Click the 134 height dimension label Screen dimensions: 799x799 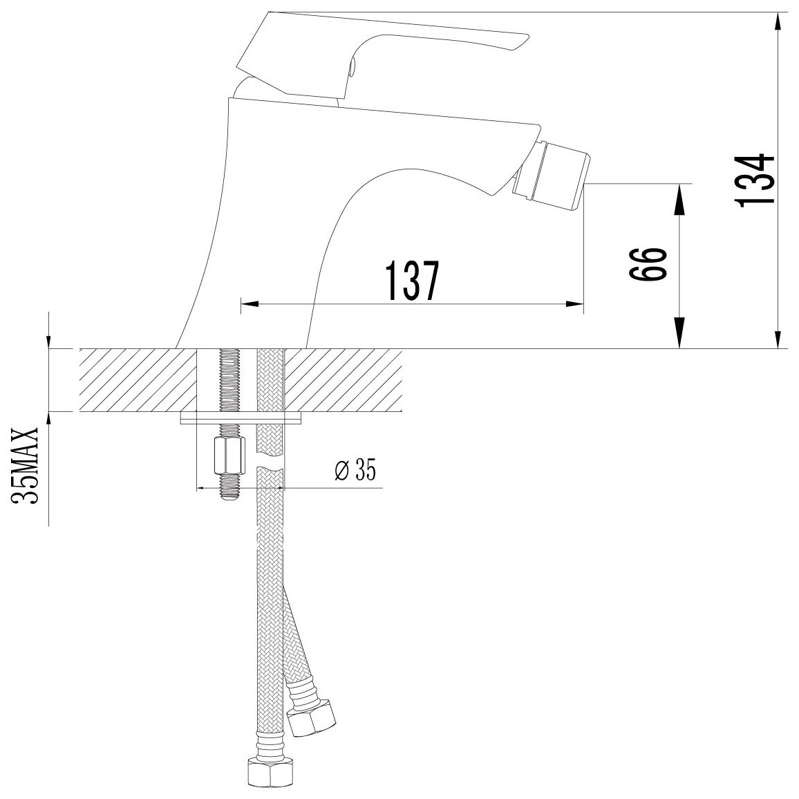coord(756,179)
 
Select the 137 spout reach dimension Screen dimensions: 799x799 coord(412,281)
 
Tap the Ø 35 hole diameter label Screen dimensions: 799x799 coord(356,470)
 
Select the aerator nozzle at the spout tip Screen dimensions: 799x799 coord(552,173)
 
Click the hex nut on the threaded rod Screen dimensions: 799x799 coord(227,455)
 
